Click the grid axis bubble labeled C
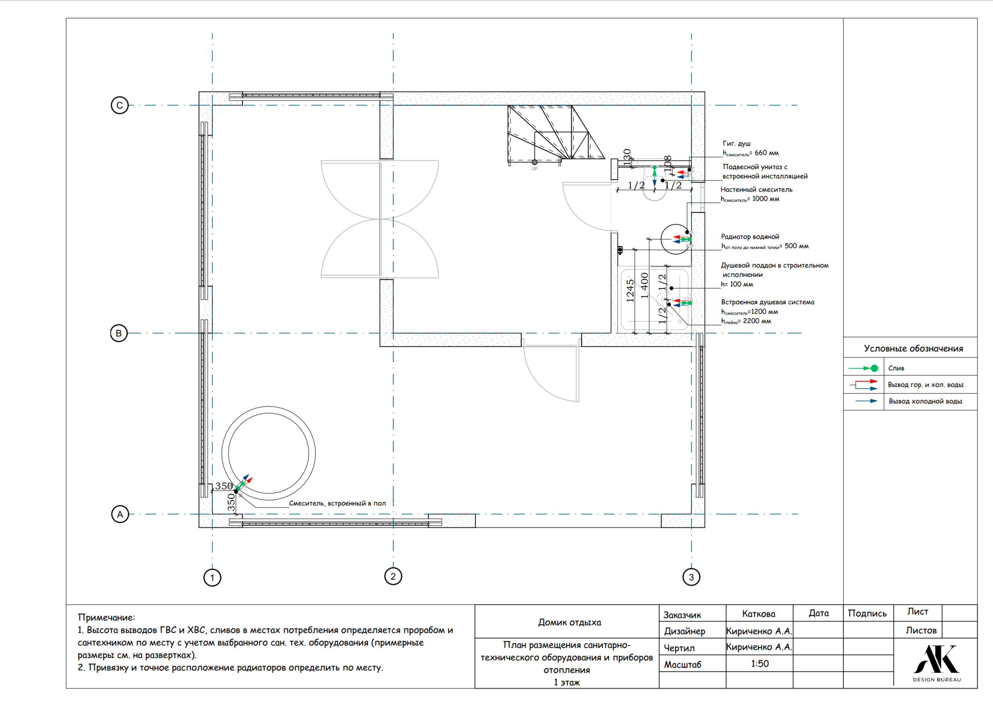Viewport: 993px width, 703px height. tap(120, 105)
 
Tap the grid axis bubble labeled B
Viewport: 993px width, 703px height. tap(119, 333)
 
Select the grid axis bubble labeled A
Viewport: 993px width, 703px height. tap(120, 514)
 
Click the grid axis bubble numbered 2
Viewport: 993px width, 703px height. tap(393, 576)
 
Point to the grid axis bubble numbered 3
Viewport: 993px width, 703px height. tap(691, 577)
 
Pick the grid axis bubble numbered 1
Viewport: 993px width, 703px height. tap(212, 578)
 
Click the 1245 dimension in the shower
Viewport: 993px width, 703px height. tap(630, 290)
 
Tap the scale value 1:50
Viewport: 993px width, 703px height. tap(760, 663)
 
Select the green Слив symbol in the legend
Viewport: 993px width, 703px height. tap(863, 368)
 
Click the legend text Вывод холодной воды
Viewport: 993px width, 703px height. tap(926, 401)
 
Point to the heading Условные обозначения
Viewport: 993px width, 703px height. tap(914, 348)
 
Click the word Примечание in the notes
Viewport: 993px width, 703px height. tap(106, 617)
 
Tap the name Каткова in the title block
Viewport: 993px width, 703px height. tap(758, 614)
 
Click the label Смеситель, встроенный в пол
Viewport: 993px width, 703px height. tap(337, 503)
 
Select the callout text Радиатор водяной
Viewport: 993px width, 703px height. tap(750, 236)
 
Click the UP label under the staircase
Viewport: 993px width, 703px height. tap(534, 169)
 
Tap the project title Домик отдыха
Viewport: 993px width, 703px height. tap(569, 622)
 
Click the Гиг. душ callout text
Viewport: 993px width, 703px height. tap(737, 143)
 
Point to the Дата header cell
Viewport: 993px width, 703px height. tap(819, 613)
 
